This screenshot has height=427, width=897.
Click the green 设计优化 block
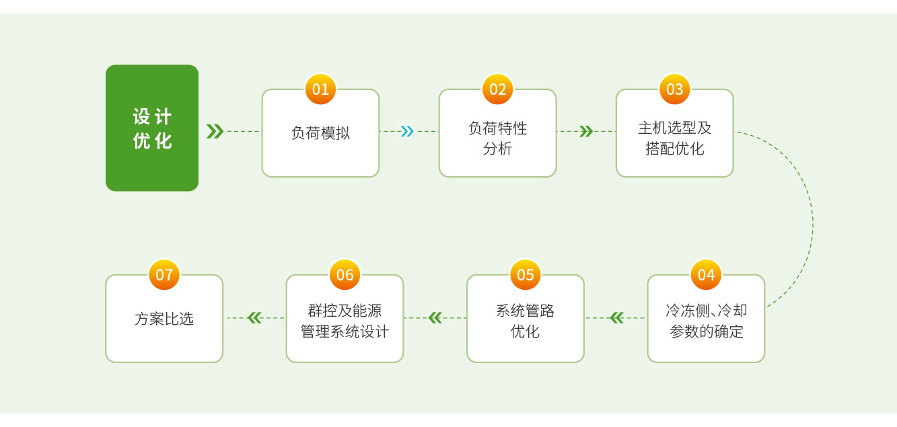tap(152, 128)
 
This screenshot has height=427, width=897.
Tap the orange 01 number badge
tap(320, 89)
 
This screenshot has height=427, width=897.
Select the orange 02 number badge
tap(497, 89)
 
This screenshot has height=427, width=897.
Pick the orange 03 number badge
tap(674, 89)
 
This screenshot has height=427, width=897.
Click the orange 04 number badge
tap(706, 275)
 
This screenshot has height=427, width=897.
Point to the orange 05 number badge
tap(526, 275)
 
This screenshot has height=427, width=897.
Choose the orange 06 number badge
tap(345, 275)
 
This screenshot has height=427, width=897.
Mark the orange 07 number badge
tap(164, 275)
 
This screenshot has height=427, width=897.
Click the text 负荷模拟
tap(320, 133)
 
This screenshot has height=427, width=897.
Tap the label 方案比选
tap(164, 319)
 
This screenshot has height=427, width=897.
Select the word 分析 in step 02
tap(497, 149)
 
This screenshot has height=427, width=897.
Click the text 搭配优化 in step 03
tap(674, 149)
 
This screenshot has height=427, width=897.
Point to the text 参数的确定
tap(706, 332)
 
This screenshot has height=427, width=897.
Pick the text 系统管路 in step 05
tap(526, 311)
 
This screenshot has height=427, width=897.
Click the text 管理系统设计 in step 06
tap(345, 332)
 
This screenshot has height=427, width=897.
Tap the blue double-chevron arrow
tap(406, 131)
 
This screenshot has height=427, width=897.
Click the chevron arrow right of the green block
tap(215, 131)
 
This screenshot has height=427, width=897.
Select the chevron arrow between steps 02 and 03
tap(585, 131)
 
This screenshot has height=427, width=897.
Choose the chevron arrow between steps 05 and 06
tap(435, 317)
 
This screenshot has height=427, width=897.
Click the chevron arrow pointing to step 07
tap(254, 317)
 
